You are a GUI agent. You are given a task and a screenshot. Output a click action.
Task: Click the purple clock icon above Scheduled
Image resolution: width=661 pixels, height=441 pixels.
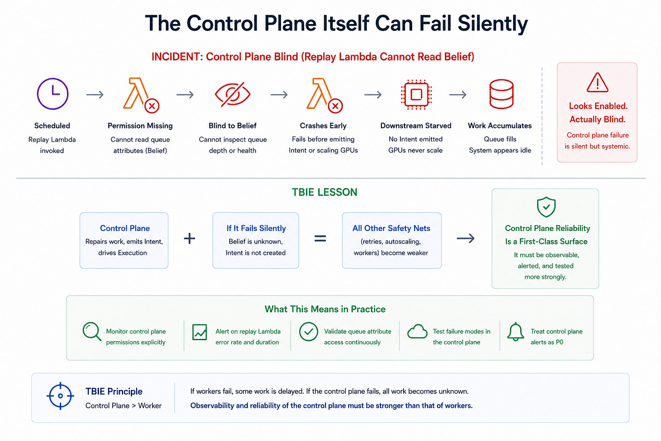click(53, 94)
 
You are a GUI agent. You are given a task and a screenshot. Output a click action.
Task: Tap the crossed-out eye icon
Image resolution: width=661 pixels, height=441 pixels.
click(232, 94)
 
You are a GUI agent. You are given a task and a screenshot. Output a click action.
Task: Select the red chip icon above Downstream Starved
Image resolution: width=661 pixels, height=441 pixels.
click(416, 94)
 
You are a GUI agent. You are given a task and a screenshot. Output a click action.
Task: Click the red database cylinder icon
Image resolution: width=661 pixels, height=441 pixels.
click(501, 94)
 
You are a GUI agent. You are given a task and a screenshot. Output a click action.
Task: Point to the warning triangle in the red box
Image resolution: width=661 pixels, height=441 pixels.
click(597, 83)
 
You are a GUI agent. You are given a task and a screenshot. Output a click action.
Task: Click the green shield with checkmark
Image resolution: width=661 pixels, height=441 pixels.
click(546, 207)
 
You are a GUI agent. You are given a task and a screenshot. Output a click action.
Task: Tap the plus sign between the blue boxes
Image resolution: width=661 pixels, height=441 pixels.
click(189, 238)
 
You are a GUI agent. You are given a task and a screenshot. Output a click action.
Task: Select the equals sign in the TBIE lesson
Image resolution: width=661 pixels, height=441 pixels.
click(320, 238)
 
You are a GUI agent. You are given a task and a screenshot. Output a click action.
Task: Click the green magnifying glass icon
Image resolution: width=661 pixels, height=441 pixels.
click(92, 332)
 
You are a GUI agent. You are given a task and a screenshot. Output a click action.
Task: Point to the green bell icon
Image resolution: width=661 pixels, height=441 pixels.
click(516, 332)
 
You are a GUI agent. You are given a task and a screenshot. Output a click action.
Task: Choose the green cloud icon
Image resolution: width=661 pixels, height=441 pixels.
click(417, 332)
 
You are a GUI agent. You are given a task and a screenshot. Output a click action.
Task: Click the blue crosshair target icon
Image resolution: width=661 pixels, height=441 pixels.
click(60, 396)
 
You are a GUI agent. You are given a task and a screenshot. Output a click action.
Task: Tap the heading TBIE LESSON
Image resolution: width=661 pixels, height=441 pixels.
click(325, 192)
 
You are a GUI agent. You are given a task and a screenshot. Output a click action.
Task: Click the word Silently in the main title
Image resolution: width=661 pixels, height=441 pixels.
click(493, 24)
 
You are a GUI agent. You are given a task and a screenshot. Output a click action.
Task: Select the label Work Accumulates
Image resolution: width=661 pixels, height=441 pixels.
click(500, 126)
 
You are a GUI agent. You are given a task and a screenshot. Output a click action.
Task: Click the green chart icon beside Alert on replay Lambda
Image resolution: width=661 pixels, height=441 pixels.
click(199, 332)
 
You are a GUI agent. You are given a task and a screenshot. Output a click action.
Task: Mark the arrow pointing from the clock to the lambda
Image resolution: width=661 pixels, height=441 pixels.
click(95, 94)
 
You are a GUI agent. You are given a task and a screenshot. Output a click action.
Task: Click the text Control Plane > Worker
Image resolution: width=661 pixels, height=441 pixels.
click(123, 406)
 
